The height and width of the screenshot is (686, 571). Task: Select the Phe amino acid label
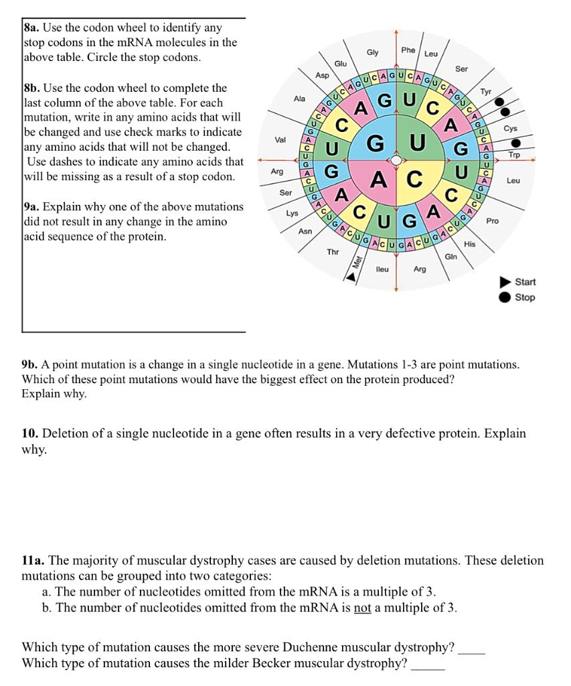408,50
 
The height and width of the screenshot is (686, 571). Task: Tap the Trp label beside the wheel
514,155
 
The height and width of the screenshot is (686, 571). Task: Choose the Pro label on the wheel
493,220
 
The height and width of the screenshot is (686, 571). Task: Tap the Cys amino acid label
510,128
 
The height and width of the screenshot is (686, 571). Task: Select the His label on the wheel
469,245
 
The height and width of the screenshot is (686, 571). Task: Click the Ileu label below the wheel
382,268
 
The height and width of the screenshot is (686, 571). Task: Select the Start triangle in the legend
505,282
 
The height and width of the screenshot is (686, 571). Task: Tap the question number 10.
29,433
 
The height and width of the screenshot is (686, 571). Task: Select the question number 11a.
33,560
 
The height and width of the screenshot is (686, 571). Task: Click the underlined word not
362,608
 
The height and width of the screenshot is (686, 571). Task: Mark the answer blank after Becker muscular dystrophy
428,665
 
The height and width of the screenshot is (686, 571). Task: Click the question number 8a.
32,28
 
